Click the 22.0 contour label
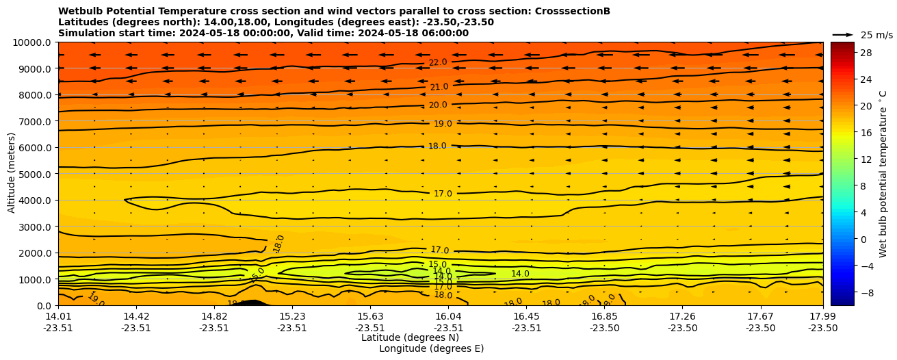[438, 62]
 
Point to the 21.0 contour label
[439, 87]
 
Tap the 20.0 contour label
[438, 105]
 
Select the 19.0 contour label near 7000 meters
[443, 124]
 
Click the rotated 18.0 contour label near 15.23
[278, 243]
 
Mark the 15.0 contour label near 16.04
[438, 264]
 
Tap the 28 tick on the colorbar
[865, 53]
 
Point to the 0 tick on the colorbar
[863, 239]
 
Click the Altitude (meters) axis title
[12, 174]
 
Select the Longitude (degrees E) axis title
[431, 348]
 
